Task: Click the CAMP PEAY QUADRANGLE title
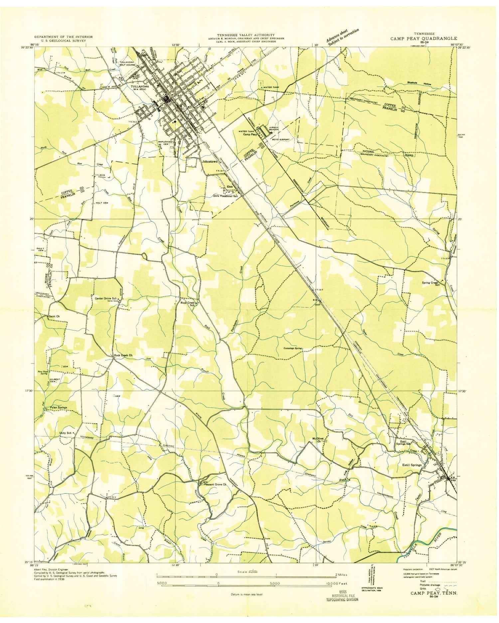click(424, 38)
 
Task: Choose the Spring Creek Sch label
click(431, 284)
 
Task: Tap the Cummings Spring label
click(292, 348)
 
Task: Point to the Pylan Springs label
click(58, 407)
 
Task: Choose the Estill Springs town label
click(412, 465)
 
